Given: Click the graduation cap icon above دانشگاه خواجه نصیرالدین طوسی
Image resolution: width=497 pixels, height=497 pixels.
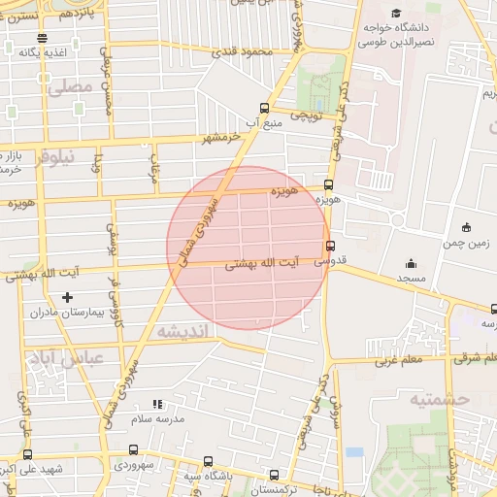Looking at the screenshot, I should pyautogui.click(x=395, y=13).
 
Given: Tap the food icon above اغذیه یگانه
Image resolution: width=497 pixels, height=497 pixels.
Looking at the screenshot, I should pyautogui.click(x=42, y=38).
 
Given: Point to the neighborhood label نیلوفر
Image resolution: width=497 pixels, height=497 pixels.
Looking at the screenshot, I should pyautogui.click(x=53, y=161).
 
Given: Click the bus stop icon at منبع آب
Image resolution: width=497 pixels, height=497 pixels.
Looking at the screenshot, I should pyautogui.click(x=264, y=109).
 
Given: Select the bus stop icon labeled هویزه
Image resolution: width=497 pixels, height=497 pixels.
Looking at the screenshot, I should pyautogui.click(x=329, y=183).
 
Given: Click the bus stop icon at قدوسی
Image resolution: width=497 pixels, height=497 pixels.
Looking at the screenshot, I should pyautogui.click(x=332, y=246).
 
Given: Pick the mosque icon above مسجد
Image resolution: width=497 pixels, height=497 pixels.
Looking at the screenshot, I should pyautogui.click(x=411, y=263).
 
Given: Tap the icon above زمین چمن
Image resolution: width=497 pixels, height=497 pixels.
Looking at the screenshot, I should pyautogui.click(x=467, y=227).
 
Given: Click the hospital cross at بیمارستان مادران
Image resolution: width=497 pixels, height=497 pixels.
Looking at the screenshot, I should pyautogui.click(x=67, y=297).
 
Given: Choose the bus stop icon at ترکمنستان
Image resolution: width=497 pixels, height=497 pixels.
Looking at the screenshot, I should pyautogui.click(x=275, y=476).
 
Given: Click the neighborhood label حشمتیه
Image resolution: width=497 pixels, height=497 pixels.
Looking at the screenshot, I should pyautogui.click(x=439, y=399).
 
